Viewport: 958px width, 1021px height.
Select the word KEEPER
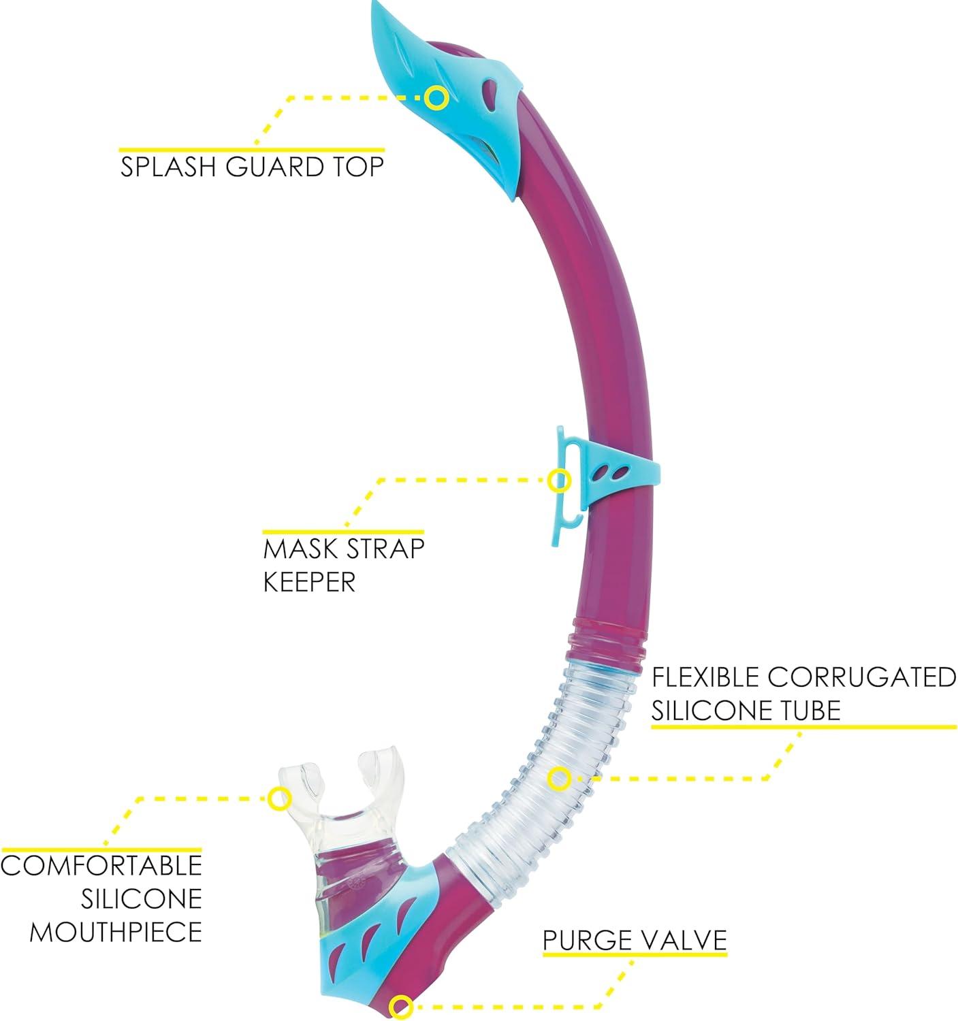pos(310,582)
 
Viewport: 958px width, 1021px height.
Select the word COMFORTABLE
pos(103,865)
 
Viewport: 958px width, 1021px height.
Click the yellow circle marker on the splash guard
pos(435,97)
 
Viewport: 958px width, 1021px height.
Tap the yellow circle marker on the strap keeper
pos(559,480)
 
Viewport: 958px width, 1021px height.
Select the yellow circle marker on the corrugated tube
pos(559,778)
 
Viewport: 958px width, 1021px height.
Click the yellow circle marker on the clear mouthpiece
pos(277,798)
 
